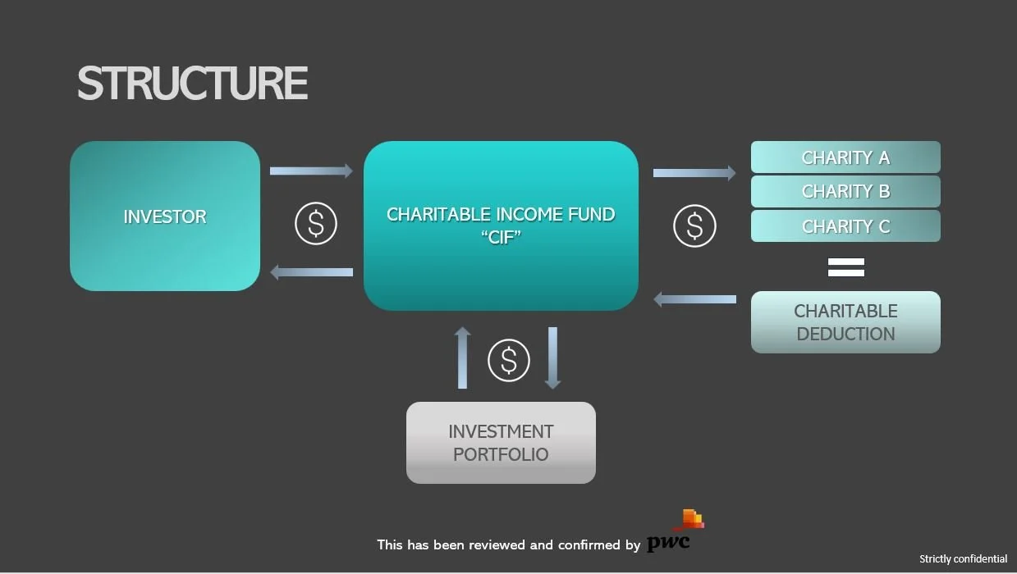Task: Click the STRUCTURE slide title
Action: tap(192, 84)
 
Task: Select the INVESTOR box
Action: tap(165, 216)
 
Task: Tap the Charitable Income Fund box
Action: tap(501, 225)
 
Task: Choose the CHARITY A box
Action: tap(845, 157)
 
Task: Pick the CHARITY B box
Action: tap(845, 192)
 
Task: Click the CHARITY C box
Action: tap(845, 226)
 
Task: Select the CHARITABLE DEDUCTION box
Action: tap(845, 322)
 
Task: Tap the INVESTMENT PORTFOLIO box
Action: tap(501, 443)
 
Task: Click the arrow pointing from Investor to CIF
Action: tap(311, 171)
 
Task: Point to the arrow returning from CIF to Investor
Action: tap(311, 272)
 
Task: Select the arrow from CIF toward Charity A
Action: tap(694, 173)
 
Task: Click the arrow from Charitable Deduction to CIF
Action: tap(694, 299)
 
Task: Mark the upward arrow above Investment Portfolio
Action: tap(463, 358)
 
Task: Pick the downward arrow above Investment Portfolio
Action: tap(552, 358)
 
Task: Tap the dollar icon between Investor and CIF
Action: tap(316, 223)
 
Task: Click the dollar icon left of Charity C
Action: tap(694, 226)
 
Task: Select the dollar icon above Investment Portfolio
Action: tap(509, 360)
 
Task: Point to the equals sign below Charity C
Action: tap(845, 267)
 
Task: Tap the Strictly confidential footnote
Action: tap(963, 559)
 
